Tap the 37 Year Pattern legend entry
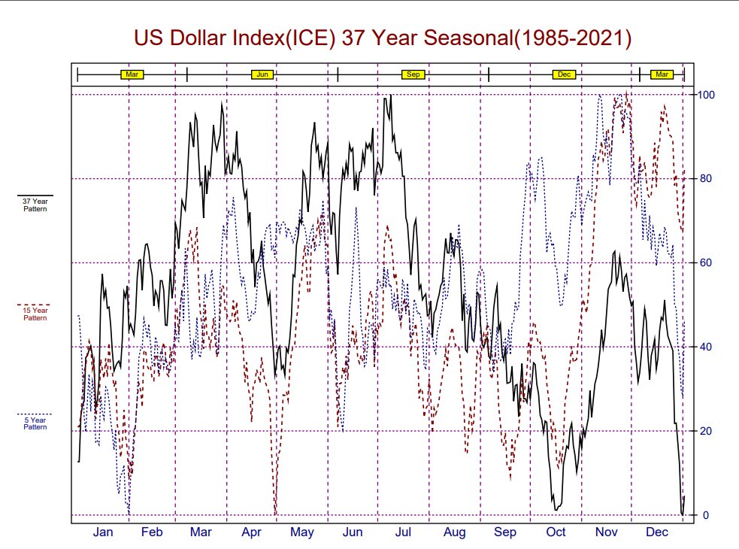coord(35,204)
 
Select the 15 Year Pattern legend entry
coord(35,313)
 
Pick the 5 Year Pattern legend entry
coord(35,423)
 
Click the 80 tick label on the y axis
coord(705,179)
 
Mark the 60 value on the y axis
coord(705,263)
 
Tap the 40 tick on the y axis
coord(705,347)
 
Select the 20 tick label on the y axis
coord(705,432)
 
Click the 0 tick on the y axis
coord(705,516)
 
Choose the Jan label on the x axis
coord(103,533)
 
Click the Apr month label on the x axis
coord(251,533)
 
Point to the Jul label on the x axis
coord(403,533)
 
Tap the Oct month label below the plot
coord(556,533)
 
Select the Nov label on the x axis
coord(606,533)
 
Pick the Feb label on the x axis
coord(152,533)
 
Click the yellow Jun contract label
coord(262,74)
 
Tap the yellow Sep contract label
coord(413,74)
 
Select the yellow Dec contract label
coord(564,74)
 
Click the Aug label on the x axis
coord(454,533)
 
